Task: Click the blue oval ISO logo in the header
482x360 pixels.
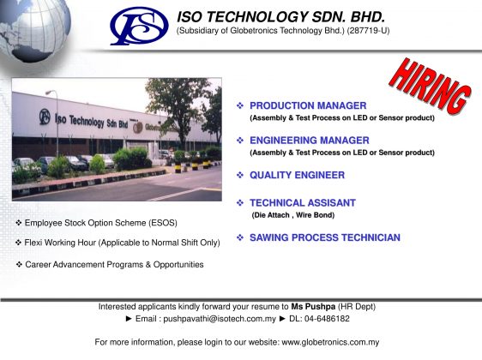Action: (139, 26)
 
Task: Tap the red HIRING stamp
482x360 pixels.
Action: (430, 86)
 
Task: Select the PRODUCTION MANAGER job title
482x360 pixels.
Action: (308, 105)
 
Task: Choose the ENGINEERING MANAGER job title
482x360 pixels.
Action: (310, 141)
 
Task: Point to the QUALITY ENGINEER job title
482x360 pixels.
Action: (297, 175)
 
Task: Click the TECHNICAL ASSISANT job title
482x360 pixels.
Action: (303, 203)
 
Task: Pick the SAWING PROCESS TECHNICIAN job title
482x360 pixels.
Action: (324, 237)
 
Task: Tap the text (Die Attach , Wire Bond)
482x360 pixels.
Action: (293, 215)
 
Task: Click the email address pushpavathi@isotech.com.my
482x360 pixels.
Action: (220, 319)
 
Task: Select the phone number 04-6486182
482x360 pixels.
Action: (327, 319)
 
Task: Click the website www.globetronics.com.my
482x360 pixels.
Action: (330, 342)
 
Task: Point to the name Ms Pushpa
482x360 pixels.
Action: (313, 307)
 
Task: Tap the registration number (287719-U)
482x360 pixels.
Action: (368, 31)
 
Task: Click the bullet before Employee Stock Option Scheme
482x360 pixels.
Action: (19, 223)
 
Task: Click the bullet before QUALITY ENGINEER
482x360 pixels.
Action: (240, 175)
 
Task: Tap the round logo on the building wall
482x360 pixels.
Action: (45, 117)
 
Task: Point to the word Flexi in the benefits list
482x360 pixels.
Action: (33, 243)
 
